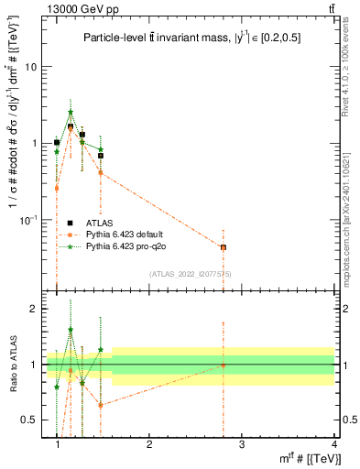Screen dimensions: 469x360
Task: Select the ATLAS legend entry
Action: click(101, 222)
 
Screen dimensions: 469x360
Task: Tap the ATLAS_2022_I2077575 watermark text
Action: click(191, 274)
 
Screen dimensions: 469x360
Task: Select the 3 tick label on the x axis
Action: click(241, 445)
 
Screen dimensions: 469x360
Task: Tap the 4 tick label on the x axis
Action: click(333, 445)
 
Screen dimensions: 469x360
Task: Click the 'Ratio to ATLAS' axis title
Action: click(13, 365)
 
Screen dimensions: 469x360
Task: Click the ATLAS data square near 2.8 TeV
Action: click(224, 247)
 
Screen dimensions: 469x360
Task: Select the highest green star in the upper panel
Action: click(71, 113)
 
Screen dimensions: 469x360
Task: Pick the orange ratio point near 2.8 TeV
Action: click(224, 365)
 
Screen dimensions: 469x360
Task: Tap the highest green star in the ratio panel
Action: click(71, 330)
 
